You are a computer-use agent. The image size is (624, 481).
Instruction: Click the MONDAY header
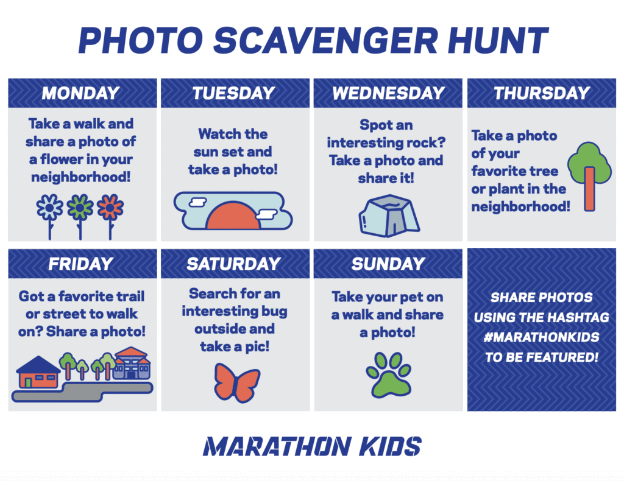pyautogui.click(x=81, y=93)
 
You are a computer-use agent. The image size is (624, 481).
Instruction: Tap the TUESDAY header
pyautogui.click(x=233, y=93)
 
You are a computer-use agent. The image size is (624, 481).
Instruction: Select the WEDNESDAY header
pyautogui.click(x=388, y=93)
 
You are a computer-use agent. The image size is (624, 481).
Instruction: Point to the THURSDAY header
pyautogui.click(x=542, y=93)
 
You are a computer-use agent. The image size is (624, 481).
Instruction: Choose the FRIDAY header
pyautogui.click(x=81, y=264)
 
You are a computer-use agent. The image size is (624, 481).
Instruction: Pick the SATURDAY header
pyautogui.click(x=233, y=264)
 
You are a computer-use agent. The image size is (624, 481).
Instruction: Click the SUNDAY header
pyautogui.click(x=388, y=264)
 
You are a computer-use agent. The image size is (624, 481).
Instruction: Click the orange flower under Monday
pyautogui.click(x=110, y=208)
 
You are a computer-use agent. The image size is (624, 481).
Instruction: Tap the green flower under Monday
pyautogui.click(x=80, y=208)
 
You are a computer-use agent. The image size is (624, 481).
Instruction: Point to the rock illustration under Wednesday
pyautogui.click(x=388, y=215)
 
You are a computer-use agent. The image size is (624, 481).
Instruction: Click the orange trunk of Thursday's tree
pyautogui.click(x=589, y=189)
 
